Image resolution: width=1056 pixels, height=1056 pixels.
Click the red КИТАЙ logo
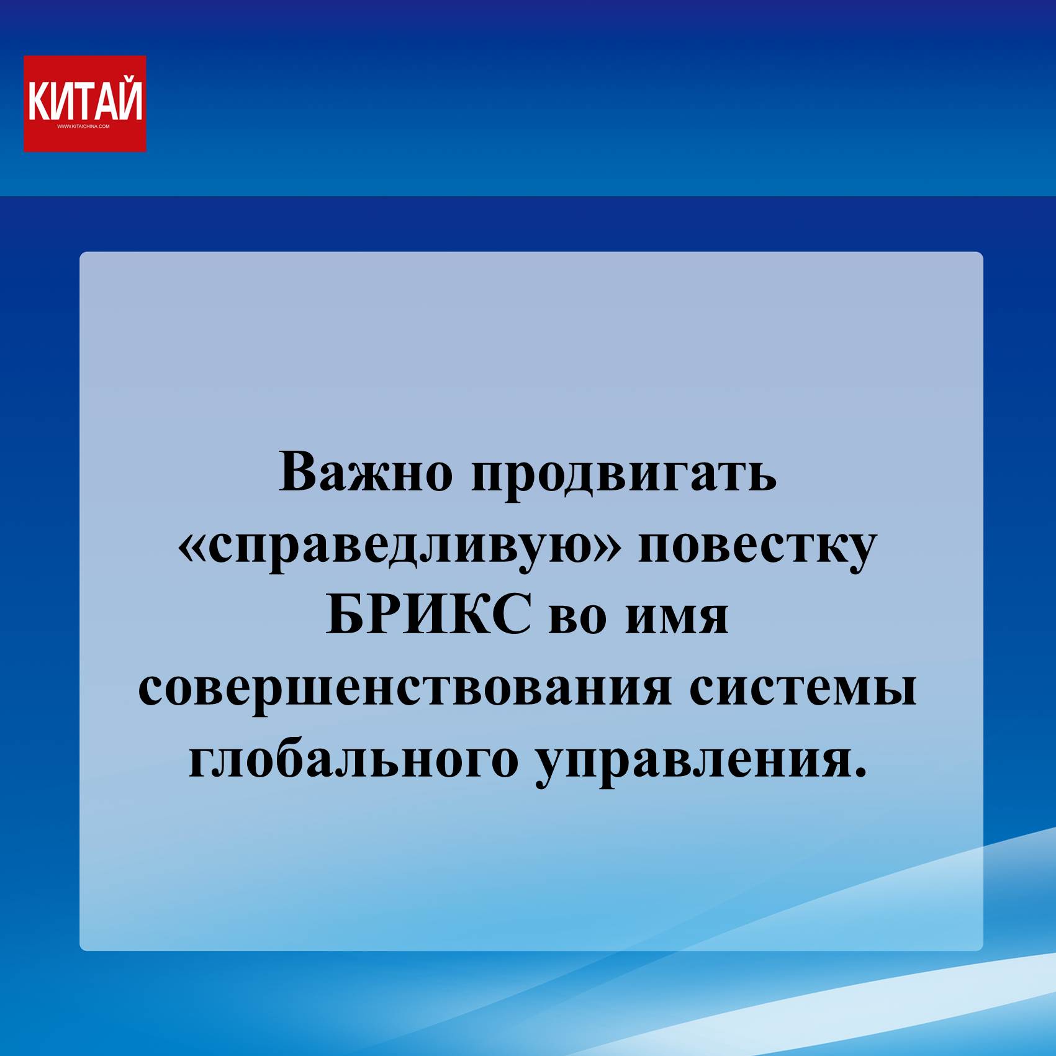tap(85, 104)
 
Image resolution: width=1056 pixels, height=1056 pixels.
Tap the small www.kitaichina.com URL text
tap(83, 127)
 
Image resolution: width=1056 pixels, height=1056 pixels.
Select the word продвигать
tap(625, 477)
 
